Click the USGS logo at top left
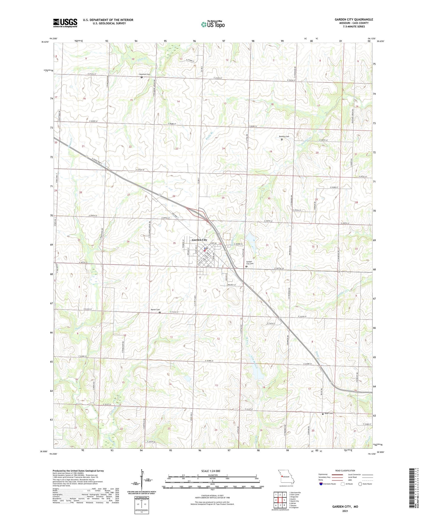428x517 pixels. (x=65, y=23)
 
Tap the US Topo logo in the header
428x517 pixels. (x=213, y=24)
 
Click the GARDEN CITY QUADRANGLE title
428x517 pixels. (x=354, y=20)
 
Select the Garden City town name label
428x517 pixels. (x=199, y=240)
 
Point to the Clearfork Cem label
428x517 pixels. (x=145, y=74)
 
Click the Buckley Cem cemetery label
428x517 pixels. (x=284, y=137)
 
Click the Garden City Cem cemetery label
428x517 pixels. (x=250, y=263)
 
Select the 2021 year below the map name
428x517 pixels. (x=345, y=511)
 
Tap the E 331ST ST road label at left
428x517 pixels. (x=107, y=404)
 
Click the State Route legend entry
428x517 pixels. (x=365, y=484)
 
